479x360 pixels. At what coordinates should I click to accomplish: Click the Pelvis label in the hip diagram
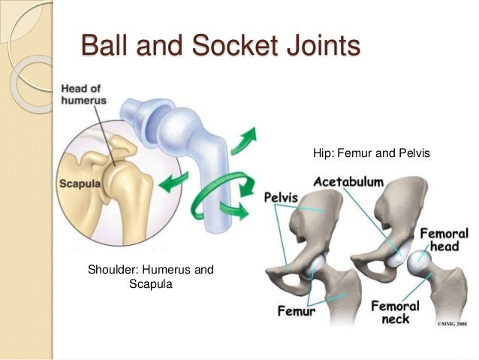[282, 198]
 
